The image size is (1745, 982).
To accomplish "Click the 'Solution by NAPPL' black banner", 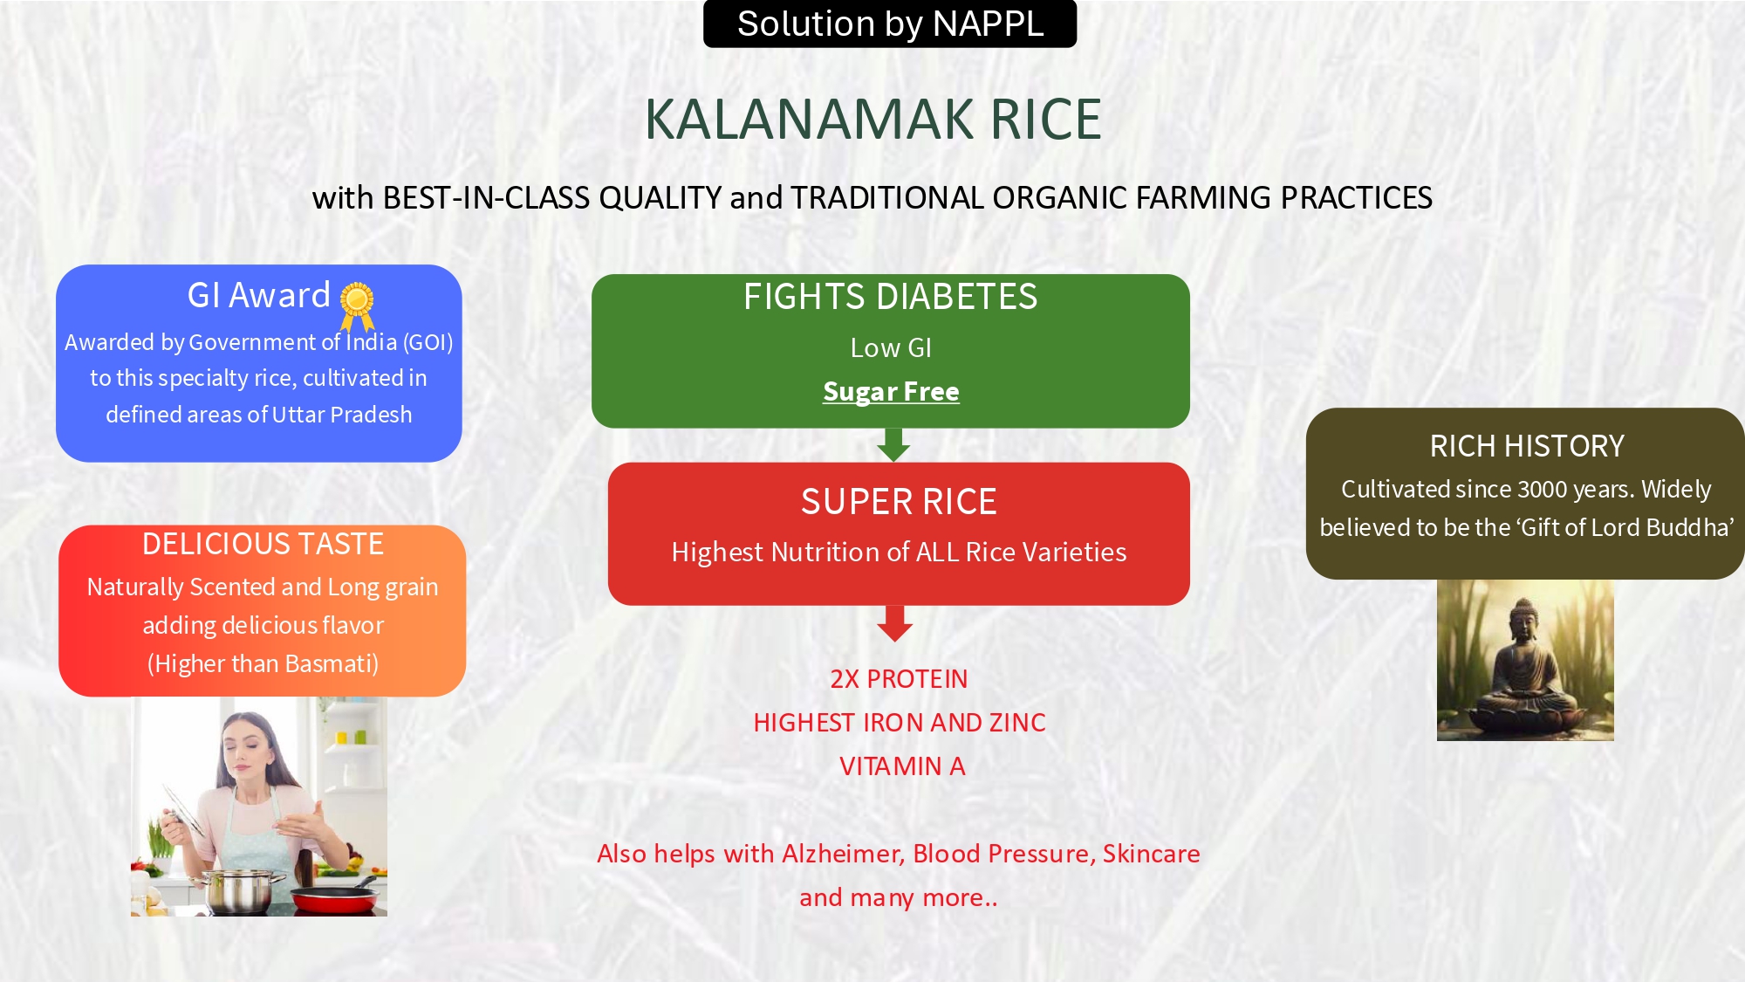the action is [890, 24].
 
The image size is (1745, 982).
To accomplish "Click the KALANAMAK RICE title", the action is [872, 119].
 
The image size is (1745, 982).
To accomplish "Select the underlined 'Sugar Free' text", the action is [891, 392].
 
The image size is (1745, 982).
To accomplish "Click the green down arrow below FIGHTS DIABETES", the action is [893, 444].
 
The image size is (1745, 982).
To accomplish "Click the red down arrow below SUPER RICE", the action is [895, 623].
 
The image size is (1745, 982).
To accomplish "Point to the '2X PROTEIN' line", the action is [899, 679].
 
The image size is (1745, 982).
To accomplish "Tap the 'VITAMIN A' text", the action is [902, 766].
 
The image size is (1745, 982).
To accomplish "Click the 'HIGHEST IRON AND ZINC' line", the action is [900, 723].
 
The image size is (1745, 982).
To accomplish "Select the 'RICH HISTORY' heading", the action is [1527, 446].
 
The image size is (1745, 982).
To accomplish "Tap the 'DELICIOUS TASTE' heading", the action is [263, 544].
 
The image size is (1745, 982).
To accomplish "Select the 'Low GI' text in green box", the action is [891, 348].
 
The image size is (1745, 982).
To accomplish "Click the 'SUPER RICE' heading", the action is [899, 502].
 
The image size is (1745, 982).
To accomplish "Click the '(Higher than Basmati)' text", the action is [263, 664].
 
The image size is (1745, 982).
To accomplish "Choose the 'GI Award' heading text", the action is [259, 296].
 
